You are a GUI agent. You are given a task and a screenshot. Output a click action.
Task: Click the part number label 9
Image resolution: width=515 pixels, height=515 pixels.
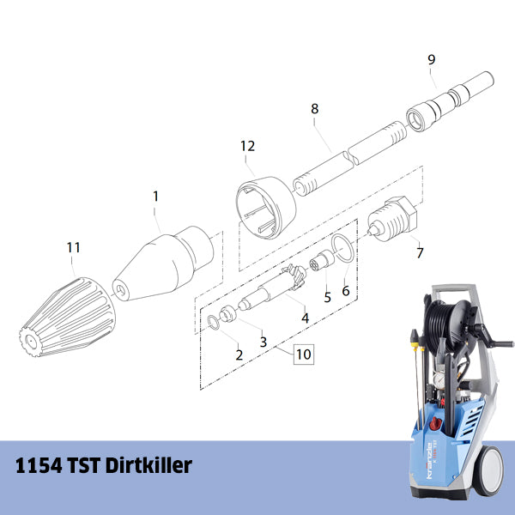coord(432,59)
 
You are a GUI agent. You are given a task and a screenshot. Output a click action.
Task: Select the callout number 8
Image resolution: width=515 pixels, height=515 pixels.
coord(315,109)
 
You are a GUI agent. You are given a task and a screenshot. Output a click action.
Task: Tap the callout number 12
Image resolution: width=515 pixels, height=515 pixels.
coord(247,146)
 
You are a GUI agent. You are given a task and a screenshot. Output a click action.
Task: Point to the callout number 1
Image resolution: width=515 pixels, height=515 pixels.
coord(155,196)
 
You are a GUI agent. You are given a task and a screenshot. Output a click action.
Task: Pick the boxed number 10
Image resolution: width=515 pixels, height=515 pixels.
coord(303,353)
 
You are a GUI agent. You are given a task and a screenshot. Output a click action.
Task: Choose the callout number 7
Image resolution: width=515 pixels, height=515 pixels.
coord(419,253)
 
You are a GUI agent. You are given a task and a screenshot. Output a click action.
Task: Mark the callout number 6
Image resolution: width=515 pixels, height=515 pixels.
coord(346,291)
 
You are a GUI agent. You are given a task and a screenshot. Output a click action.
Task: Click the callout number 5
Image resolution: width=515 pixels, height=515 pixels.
coord(327,297)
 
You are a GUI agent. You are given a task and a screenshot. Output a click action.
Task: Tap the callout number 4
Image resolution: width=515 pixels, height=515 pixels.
coord(305,318)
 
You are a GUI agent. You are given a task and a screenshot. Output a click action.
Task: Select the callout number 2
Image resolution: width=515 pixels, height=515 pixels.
coord(239,354)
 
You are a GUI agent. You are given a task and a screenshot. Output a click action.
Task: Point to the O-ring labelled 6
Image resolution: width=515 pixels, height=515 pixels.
coord(341,248)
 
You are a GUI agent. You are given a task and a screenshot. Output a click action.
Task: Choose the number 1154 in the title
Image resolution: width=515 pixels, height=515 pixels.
coord(39,467)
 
